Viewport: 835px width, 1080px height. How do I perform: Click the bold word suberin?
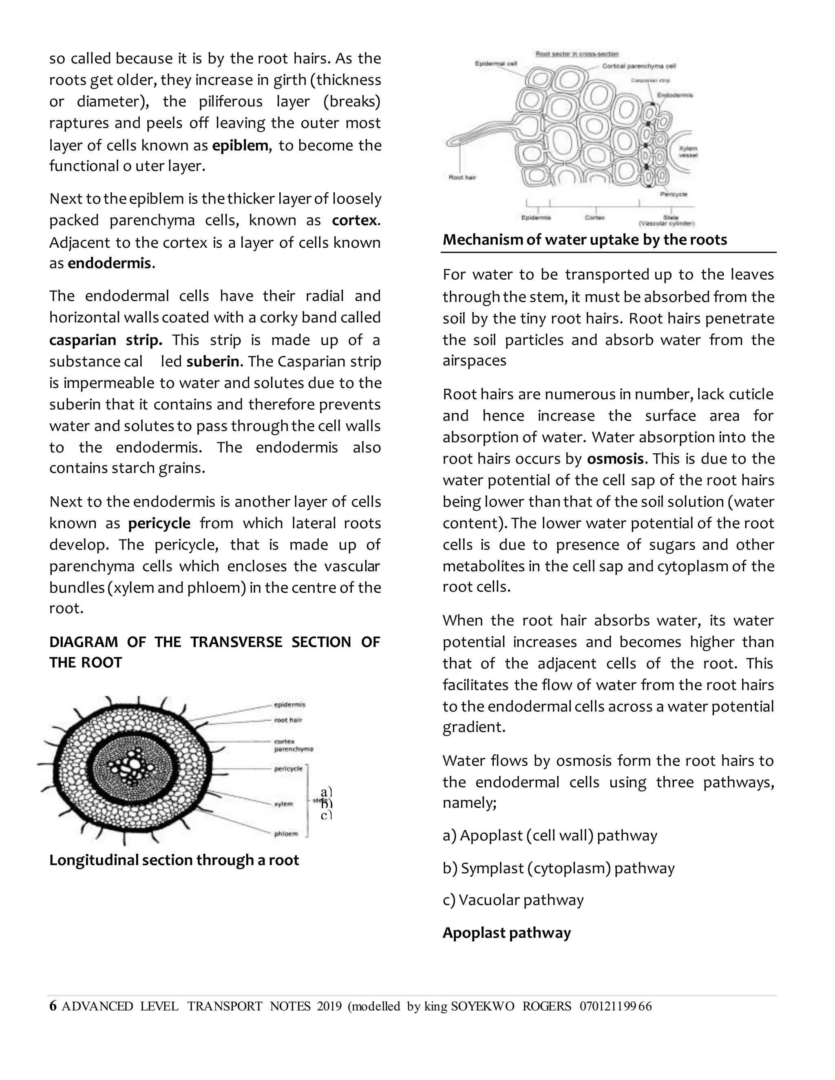click(213, 361)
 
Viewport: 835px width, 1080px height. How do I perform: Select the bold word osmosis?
click(615, 459)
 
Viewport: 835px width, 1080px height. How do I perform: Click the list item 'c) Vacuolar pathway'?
click(513, 900)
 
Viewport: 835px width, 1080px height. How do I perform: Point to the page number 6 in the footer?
click(53, 1006)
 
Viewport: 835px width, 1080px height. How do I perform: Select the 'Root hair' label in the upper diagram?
click(462, 177)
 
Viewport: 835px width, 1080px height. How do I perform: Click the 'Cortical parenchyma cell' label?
click(639, 66)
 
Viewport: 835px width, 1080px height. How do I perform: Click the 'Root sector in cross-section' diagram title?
click(577, 53)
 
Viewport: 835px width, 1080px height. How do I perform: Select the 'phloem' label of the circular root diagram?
click(286, 834)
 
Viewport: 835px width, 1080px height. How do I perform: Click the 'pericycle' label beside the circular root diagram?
click(288, 769)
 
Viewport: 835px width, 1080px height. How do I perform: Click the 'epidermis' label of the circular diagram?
click(289, 705)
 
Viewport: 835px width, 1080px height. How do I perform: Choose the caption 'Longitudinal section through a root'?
click(174, 860)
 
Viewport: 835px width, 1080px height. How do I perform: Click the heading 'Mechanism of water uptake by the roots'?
click(585, 240)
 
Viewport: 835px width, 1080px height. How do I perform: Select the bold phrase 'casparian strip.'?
click(105, 340)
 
